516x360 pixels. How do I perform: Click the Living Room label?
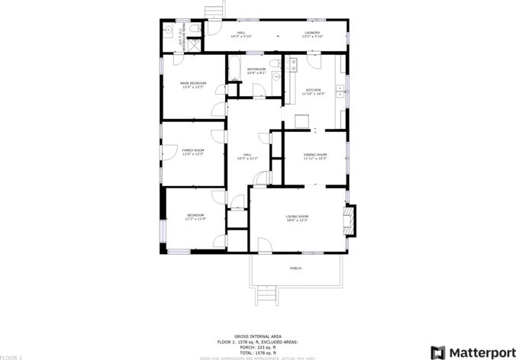click(296, 217)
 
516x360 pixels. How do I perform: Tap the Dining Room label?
click(314, 155)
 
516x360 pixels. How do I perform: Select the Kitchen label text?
click(314, 90)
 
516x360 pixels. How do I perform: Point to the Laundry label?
click(312, 33)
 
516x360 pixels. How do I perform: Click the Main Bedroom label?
click(192, 82)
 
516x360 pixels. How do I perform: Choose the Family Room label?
click(192, 150)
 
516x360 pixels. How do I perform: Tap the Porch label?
click(295, 268)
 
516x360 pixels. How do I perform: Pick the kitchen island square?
click(302, 121)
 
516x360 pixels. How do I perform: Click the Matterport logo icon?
click(438, 352)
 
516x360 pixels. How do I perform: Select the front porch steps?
click(266, 293)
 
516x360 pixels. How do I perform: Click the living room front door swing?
click(264, 244)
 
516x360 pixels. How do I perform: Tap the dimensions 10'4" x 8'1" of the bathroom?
click(256, 73)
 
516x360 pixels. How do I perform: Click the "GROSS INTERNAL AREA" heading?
click(257, 336)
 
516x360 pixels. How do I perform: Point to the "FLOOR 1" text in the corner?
click(11, 356)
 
